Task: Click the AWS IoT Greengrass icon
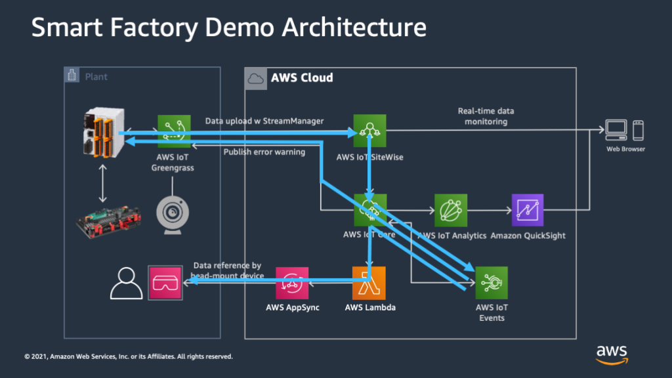click(x=174, y=131)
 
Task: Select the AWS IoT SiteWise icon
click(x=369, y=131)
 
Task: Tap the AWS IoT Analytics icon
click(x=451, y=210)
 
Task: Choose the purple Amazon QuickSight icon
click(x=528, y=210)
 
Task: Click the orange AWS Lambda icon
click(x=369, y=283)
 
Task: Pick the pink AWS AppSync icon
click(x=293, y=283)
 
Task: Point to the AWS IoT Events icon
click(x=492, y=283)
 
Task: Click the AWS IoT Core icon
click(x=369, y=210)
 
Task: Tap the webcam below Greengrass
click(x=173, y=213)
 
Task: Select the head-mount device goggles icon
click(x=165, y=283)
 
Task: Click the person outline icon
click(x=126, y=283)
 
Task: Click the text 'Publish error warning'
click(x=264, y=152)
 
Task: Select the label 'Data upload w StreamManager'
click(x=264, y=121)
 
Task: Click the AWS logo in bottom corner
click(x=612, y=354)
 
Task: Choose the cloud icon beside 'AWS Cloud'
click(x=255, y=78)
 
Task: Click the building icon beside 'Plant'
click(x=73, y=76)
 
